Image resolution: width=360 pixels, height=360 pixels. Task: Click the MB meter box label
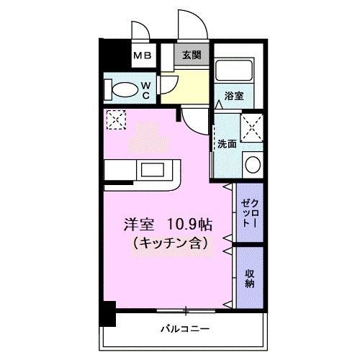coord(143,56)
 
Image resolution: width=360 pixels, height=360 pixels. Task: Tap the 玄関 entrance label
coord(192,55)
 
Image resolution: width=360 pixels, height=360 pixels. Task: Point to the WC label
coord(146,91)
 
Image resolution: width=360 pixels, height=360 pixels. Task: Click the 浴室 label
coord(234,96)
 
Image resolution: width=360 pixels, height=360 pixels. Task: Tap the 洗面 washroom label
coord(227,144)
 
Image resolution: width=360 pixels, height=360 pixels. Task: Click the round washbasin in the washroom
coord(253,165)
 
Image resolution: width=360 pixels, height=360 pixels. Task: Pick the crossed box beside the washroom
coord(252,127)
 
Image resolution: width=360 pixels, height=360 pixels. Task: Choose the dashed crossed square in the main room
coord(116,120)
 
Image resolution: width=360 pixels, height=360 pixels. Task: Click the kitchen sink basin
coord(152,169)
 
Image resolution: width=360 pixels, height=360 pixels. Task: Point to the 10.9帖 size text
coord(189,225)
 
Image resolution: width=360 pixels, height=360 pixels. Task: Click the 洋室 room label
coord(138,225)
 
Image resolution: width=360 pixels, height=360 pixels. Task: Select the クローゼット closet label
coord(250,212)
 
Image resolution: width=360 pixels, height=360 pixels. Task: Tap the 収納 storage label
coord(250,279)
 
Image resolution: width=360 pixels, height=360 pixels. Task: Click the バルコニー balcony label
coord(185,328)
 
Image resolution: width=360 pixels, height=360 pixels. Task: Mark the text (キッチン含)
coord(170,244)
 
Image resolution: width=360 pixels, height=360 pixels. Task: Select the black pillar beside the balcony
coord(108,314)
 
